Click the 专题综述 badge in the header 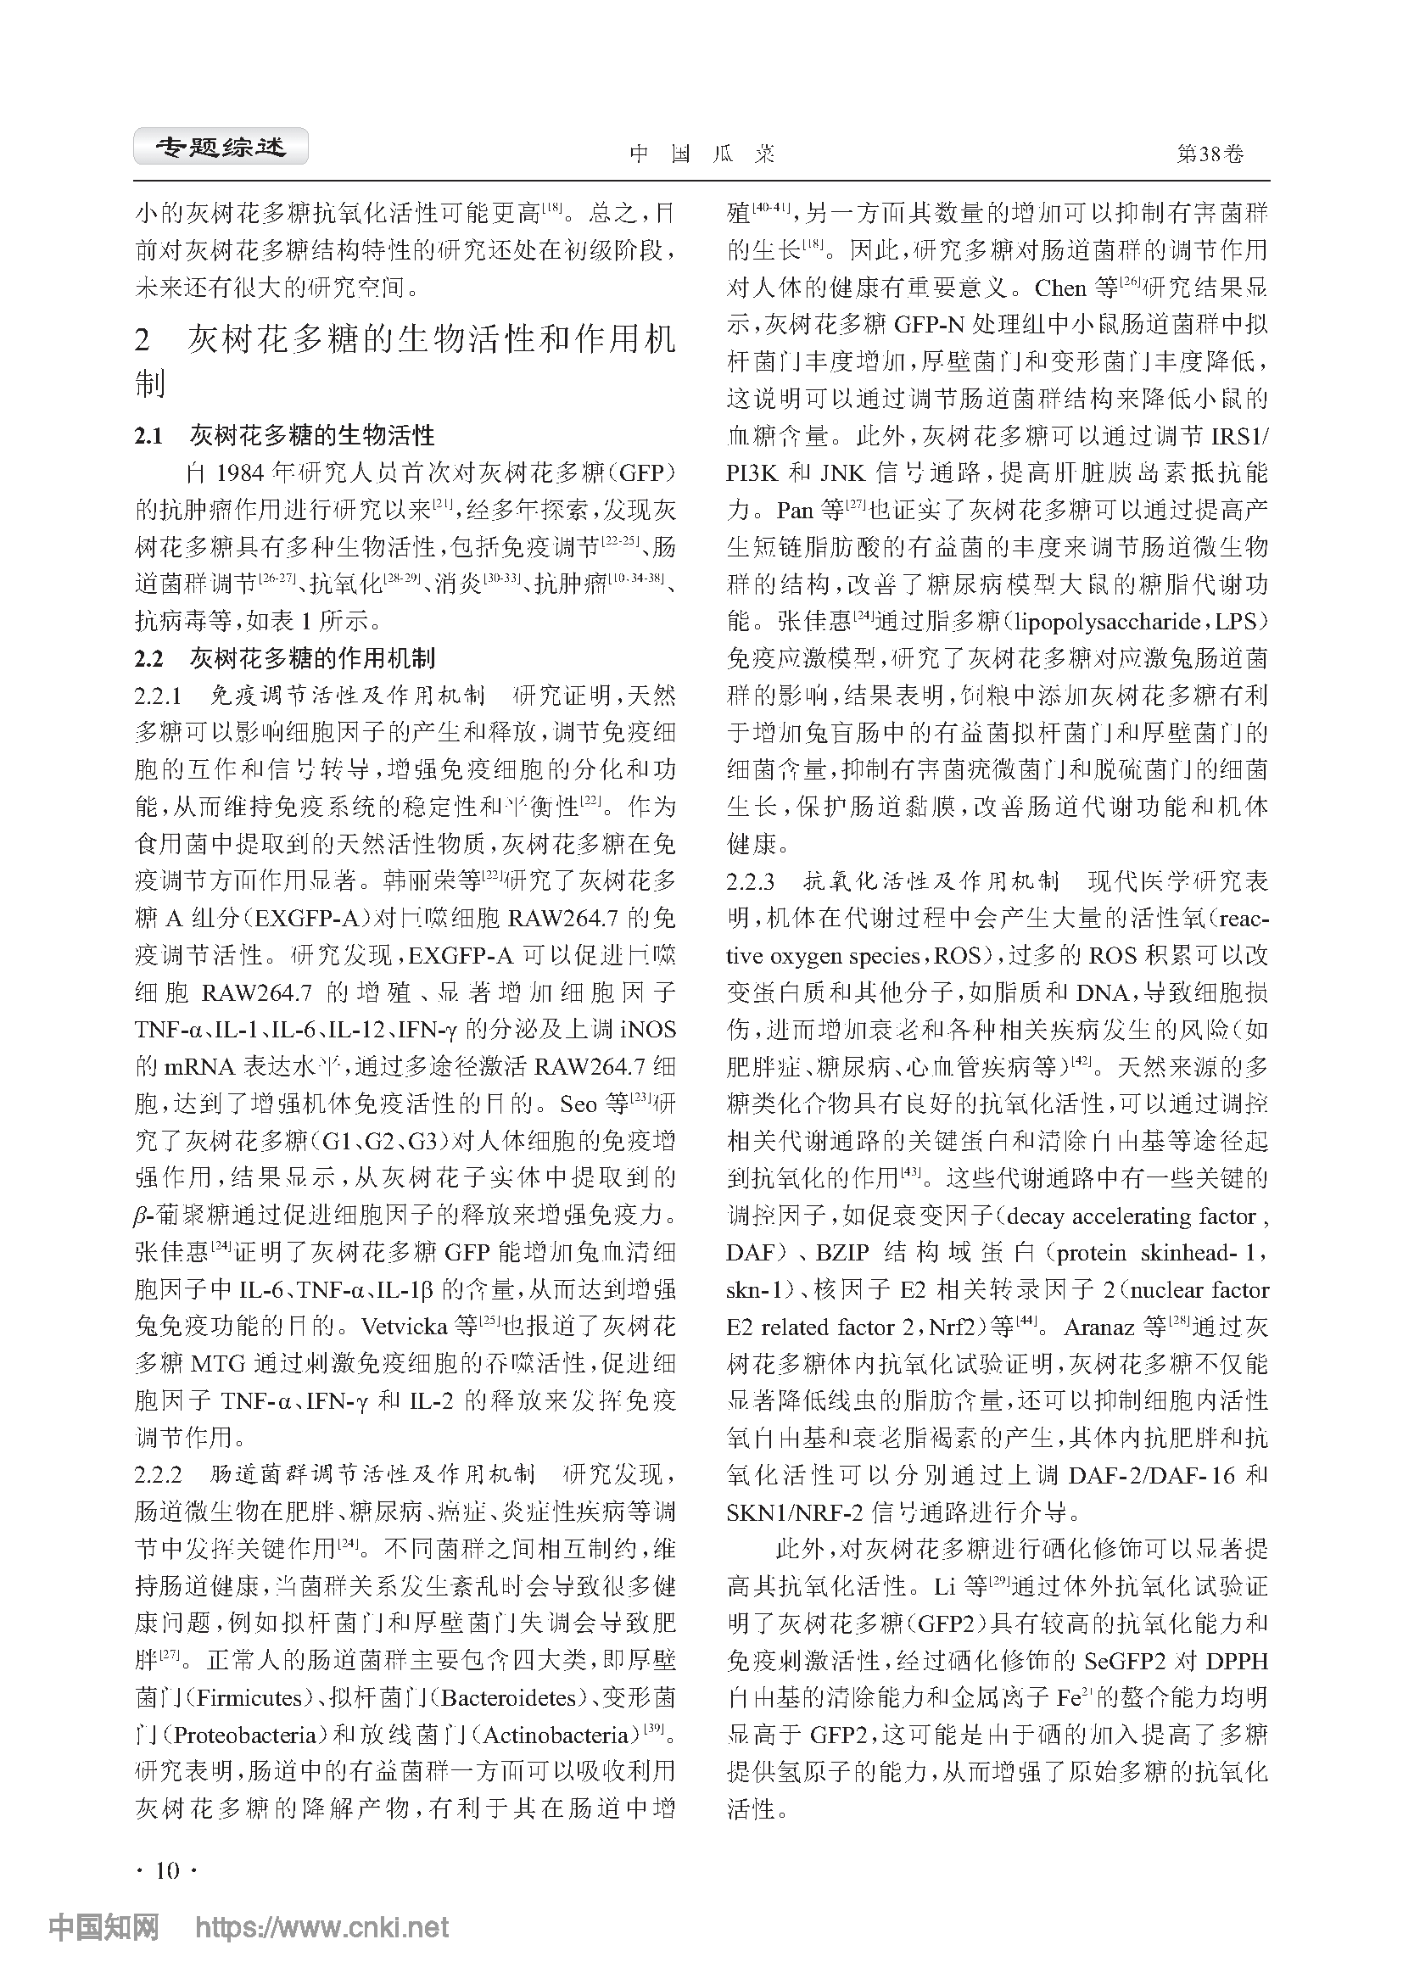pyautogui.click(x=221, y=148)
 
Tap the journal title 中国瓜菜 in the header pyautogui.click(x=701, y=154)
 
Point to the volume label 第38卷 pyautogui.click(x=1210, y=154)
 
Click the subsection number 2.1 pyautogui.click(x=148, y=435)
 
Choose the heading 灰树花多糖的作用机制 pyautogui.click(x=312, y=658)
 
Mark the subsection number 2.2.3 pyautogui.click(x=750, y=881)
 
